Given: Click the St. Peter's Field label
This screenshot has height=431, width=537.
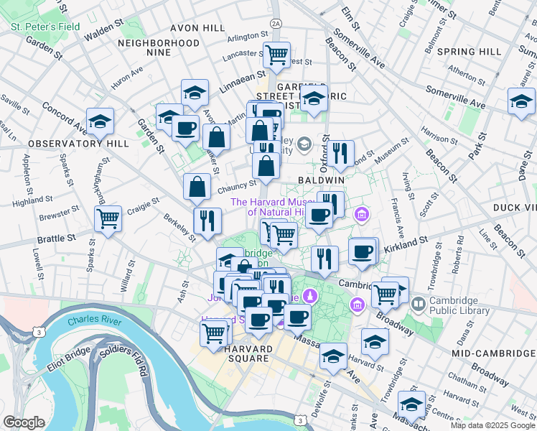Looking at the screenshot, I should click(x=45, y=27).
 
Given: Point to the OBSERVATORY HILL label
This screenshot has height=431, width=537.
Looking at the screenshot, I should click(x=79, y=144).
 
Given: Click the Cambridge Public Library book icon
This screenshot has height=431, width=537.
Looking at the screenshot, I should click(x=417, y=305).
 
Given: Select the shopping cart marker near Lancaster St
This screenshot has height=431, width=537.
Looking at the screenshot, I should click(x=276, y=55).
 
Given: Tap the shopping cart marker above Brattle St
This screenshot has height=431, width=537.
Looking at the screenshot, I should click(x=108, y=217).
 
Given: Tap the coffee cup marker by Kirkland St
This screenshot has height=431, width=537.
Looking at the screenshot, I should click(x=363, y=251).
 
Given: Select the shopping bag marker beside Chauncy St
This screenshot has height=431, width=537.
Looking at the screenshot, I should click(x=197, y=187).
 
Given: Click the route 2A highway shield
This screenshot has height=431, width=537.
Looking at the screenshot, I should click(x=276, y=24).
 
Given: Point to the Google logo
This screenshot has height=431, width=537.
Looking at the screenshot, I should click(x=24, y=422).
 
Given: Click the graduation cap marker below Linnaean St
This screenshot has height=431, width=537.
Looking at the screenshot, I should click(x=195, y=93).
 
